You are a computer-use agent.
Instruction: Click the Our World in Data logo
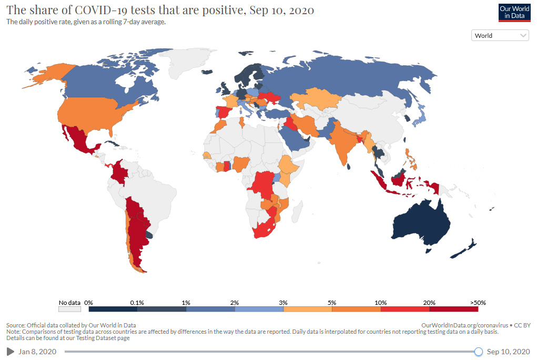pos(514,12)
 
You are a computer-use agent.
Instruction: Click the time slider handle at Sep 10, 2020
pos(478,352)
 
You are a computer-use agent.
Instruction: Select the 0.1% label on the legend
pos(137,303)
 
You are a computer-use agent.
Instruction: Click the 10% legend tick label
pos(380,303)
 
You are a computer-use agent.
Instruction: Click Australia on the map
pos(421,223)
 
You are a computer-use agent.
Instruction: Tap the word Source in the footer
pos(16,325)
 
